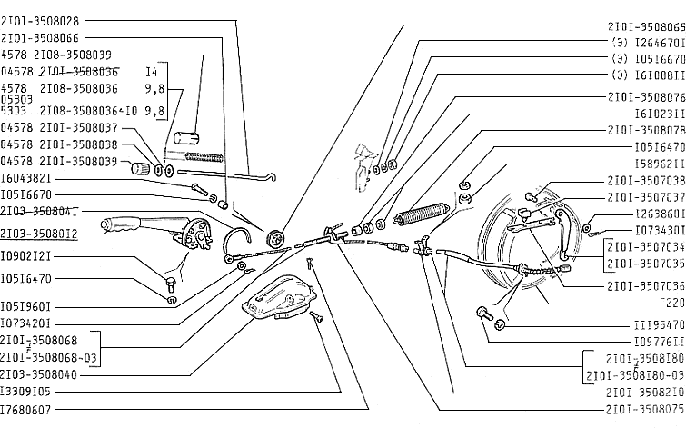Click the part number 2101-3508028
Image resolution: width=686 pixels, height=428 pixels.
(x=40, y=20)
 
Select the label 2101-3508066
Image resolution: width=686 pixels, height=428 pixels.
(x=40, y=38)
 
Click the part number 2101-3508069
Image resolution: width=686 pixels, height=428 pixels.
(x=644, y=27)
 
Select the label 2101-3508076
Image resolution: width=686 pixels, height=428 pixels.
(x=644, y=97)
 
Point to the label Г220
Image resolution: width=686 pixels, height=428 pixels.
(x=668, y=303)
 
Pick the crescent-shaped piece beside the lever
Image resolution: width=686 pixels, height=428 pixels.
(x=236, y=239)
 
